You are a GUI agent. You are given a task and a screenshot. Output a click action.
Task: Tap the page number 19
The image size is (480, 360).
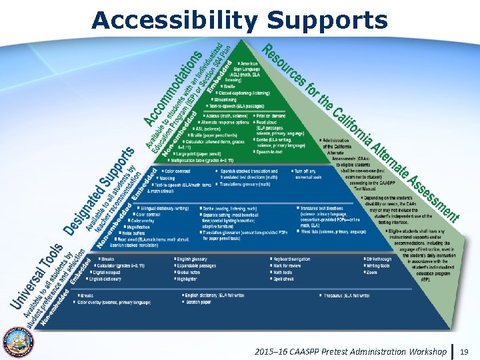coord(465,351)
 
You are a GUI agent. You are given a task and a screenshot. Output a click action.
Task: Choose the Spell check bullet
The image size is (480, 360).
coord(285,278)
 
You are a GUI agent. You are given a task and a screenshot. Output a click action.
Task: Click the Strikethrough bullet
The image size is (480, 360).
coord(381,258)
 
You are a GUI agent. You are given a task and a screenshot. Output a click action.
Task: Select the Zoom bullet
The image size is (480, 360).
coord(372,272)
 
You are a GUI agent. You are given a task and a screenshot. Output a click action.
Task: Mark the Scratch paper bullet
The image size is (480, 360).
coord(200,301)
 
